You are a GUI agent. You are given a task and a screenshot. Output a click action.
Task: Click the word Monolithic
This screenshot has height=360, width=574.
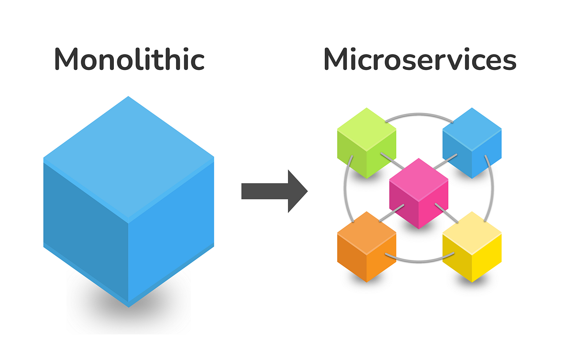(129, 60)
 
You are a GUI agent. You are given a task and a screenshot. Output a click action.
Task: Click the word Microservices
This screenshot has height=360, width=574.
(419, 60)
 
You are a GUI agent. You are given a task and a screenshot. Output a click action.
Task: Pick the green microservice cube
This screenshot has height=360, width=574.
(367, 144)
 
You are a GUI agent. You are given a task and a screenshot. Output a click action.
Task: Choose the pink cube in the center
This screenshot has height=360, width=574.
(419, 194)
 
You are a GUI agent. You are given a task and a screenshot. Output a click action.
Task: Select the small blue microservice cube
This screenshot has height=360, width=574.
(472, 144)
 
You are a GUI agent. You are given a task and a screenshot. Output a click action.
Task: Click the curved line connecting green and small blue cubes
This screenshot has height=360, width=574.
(419, 114)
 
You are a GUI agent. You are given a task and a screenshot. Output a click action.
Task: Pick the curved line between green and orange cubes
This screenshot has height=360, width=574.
(345, 191)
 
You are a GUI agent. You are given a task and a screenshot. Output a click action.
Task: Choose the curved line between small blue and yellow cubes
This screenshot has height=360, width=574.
(492, 191)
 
